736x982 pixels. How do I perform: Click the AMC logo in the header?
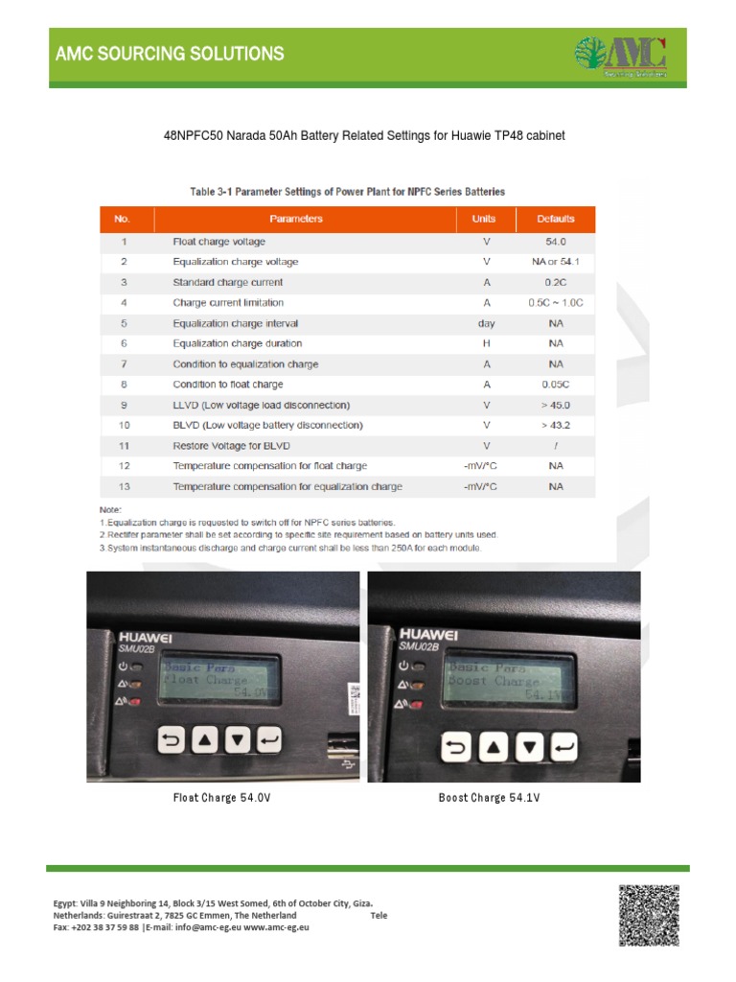coord(620,56)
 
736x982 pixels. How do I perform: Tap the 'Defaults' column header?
coord(556,219)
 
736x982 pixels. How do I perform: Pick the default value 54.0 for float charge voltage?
coord(556,242)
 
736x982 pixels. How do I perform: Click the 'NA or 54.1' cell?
coord(556,262)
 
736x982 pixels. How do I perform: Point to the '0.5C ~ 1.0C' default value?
coord(556,303)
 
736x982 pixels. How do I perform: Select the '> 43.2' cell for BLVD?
coord(556,425)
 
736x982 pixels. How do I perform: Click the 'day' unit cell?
coord(487,323)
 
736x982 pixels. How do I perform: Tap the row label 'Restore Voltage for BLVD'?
coord(231,446)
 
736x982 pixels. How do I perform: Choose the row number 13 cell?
coord(124,486)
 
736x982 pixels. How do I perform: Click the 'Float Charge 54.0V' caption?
coord(216,798)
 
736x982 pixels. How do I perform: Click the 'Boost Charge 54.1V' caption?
coord(490,798)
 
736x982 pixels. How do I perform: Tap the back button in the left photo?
coord(173,739)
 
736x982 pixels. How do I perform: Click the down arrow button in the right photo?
coord(529,747)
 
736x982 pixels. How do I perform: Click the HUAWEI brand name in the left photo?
coord(148,636)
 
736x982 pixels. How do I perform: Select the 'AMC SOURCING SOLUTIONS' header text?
coord(168,54)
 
